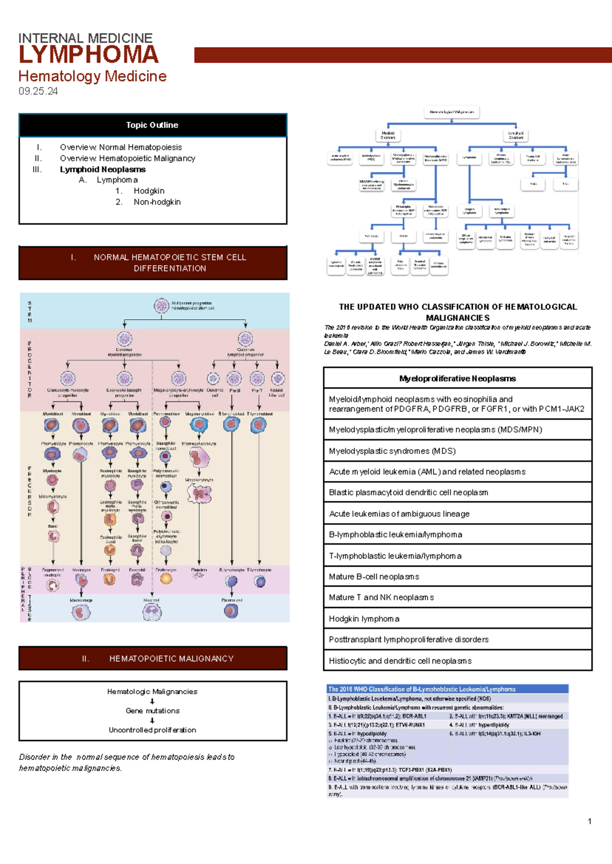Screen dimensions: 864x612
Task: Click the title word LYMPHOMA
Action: click(x=88, y=55)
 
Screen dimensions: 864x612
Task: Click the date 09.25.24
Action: click(x=38, y=91)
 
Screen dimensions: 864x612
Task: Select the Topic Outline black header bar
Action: click(x=152, y=125)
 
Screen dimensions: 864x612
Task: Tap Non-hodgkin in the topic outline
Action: click(x=157, y=202)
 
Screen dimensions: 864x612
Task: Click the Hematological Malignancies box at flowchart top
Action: click(x=452, y=112)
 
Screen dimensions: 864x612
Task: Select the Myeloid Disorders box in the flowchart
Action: click(x=388, y=135)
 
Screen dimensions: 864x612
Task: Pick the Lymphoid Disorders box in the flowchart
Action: click(x=516, y=135)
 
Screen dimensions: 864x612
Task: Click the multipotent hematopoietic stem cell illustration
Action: click(x=161, y=306)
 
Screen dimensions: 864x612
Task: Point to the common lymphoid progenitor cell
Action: click(x=245, y=339)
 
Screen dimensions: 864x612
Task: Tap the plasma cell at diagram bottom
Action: click(x=231, y=611)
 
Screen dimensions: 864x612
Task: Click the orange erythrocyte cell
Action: click(x=166, y=578)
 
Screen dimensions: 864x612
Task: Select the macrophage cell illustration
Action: click(x=81, y=612)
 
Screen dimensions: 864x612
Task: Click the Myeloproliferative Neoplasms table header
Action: click(x=457, y=378)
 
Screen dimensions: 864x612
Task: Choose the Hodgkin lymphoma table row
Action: click(x=457, y=619)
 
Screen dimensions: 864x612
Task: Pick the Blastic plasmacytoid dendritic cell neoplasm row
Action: click(x=457, y=493)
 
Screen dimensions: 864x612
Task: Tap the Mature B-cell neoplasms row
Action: click(x=457, y=577)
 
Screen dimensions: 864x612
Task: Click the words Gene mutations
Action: click(x=152, y=710)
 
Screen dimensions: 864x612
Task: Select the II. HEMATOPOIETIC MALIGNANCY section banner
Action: click(x=152, y=658)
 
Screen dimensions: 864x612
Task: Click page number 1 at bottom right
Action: click(x=590, y=821)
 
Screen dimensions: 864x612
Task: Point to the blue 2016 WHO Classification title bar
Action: click(x=447, y=689)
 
